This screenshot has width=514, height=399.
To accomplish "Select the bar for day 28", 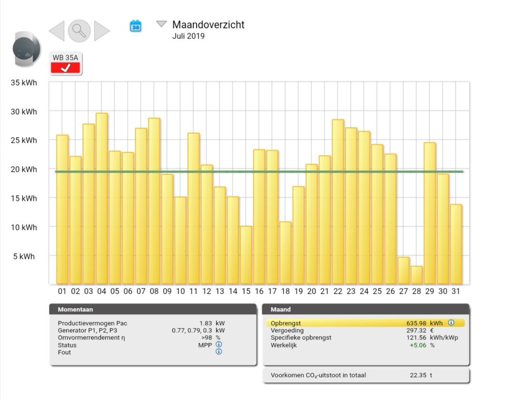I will tap(416, 275).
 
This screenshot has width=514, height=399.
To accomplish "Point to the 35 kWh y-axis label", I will tap(24, 82).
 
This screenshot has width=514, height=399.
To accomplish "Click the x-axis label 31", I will tap(455, 291).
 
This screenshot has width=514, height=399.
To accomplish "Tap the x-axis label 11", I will tap(193, 291).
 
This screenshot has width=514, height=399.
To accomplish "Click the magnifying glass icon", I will tap(79, 31).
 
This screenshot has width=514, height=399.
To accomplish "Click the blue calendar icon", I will tap(136, 26).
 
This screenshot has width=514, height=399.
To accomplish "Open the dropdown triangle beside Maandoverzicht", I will tap(162, 24).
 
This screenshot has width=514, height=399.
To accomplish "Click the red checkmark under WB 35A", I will tap(66, 68).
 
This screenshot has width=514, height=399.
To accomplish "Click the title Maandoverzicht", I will tap(208, 25).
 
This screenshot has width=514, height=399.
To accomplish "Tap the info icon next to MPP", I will tap(219, 344).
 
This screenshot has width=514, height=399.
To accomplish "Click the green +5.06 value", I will tap(418, 345).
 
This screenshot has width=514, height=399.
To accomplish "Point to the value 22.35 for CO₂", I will tap(418, 375).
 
